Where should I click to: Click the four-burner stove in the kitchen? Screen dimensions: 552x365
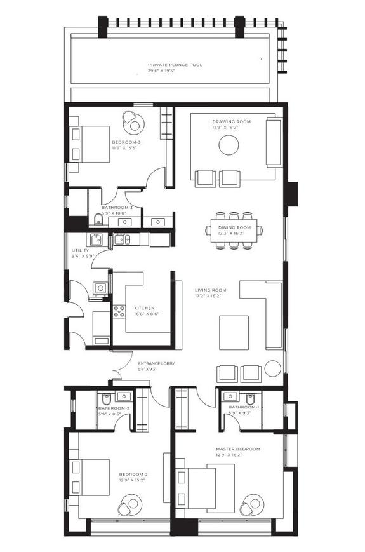click(x=119, y=311)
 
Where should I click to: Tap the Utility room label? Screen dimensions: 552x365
click(x=80, y=250)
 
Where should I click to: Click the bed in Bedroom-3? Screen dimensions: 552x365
click(x=88, y=144)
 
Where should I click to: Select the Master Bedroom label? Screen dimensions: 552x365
click(x=237, y=449)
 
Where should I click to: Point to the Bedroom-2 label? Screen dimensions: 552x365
click(x=133, y=475)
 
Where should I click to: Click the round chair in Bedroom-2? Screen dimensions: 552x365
click(x=129, y=506)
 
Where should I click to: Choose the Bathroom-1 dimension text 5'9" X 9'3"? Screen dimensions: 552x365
click(x=241, y=412)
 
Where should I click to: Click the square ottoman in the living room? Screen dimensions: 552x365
click(x=234, y=332)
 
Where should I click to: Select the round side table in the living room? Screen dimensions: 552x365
click(x=272, y=369)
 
